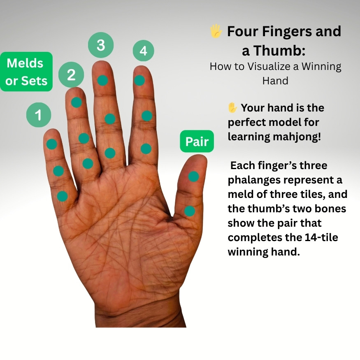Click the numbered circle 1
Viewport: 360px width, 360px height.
[x=39, y=115]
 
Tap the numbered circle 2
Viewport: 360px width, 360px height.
[x=71, y=74]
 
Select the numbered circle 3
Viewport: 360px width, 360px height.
[x=101, y=45]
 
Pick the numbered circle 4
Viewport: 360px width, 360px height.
[x=144, y=51]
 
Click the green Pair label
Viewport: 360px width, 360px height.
[x=197, y=141]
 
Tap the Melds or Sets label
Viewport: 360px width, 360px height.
[x=26, y=72]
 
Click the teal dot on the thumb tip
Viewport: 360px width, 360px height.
[x=193, y=177]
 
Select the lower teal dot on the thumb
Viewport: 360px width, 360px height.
[x=190, y=211]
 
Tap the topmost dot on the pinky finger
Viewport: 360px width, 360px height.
[x=52, y=144]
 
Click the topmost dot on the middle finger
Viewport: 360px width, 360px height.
[x=102, y=80]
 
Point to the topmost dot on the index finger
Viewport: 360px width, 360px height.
[x=139, y=80]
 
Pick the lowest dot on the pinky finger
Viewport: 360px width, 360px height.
[x=62, y=196]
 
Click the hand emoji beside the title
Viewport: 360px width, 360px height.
[x=216, y=31]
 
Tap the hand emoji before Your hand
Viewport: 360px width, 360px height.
[x=232, y=107]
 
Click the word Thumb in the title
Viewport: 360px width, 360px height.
[x=279, y=51]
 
